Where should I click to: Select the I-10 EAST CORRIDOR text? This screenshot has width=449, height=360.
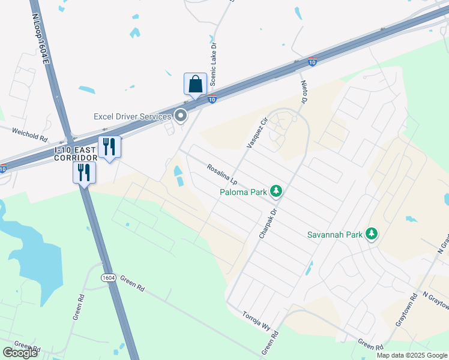[75, 154]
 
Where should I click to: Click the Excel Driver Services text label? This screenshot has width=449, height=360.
[133, 116]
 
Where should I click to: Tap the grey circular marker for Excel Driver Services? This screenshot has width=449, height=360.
[181, 115]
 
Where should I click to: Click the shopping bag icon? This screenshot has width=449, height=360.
[196, 84]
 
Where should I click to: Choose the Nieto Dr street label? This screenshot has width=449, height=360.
[303, 91]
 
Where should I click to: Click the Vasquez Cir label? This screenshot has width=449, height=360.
[256, 133]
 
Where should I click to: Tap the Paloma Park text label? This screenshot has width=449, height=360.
[243, 192]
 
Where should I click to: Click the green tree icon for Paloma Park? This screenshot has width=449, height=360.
[276, 191]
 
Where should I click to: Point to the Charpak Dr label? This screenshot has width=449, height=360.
[268, 223]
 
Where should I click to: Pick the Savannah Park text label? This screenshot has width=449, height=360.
[335, 234]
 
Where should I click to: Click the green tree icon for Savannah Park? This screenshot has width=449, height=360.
[372, 233]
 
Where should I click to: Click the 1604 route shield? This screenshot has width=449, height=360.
[108, 278]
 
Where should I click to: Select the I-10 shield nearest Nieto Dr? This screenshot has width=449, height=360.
[312, 62]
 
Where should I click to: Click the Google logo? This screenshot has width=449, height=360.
[20, 353]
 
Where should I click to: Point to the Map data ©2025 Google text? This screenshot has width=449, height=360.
[412, 355]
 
